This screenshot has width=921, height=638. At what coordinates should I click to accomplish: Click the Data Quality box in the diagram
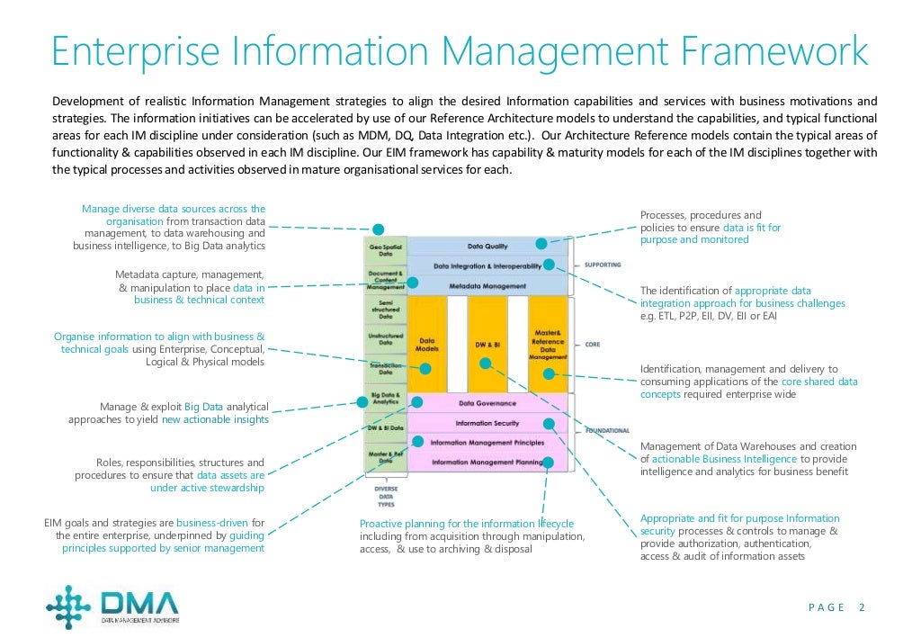coord(487,246)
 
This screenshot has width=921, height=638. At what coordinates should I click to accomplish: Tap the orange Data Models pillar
coord(426,345)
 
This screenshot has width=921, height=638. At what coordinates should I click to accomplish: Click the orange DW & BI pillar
coord(487,345)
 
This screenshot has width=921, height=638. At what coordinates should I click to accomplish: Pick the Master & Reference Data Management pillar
coord(549,345)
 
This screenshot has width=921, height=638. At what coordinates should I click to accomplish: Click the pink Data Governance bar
coord(488,404)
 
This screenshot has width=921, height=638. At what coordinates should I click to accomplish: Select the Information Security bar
coord(487,423)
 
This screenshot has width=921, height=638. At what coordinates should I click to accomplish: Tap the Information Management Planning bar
coord(487,462)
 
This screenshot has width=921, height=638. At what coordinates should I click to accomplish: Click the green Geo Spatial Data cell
coord(385,249)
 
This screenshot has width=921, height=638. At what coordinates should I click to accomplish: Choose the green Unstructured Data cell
coord(385,339)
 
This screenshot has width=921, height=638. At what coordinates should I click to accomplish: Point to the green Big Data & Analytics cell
coord(385,398)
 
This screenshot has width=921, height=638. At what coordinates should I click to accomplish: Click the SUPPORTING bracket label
coord(603,265)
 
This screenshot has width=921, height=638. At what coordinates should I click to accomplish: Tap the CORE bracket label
coord(593,344)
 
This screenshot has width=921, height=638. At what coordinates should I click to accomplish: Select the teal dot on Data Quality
coord(541,243)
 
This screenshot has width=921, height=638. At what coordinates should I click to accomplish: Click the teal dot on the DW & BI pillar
coord(486,364)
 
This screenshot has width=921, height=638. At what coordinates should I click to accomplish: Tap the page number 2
coord(862,607)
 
